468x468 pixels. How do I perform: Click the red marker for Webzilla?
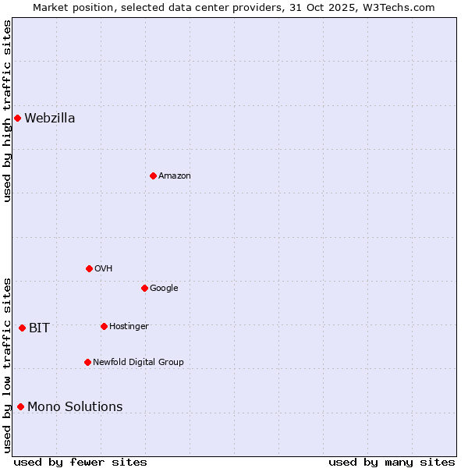pyautogui.click(x=17, y=118)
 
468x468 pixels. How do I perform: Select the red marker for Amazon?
pyautogui.click(x=153, y=175)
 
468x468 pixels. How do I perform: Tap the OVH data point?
pyautogui.click(x=89, y=268)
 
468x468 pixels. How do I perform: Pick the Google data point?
pyautogui.click(x=144, y=288)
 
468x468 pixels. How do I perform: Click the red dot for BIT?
pyautogui.click(x=22, y=328)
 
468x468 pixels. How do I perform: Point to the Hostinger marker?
pyautogui.click(x=104, y=326)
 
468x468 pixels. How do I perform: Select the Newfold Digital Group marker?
pyautogui.click(x=87, y=362)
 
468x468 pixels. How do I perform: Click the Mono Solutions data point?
pyautogui.click(x=20, y=406)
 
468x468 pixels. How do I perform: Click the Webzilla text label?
pyautogui.click(x=50, y=119)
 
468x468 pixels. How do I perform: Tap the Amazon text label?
pyautogui.click(x=175, y=176)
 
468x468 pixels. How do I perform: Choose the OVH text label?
pyautogui.click(x=104, y=269)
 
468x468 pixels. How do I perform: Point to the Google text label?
pyautogui.click(x=164, y=289)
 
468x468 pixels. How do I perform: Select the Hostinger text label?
pyautogui.click(x=129, y=327)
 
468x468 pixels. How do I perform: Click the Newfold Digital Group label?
pyautogui.click(x=138, y=363)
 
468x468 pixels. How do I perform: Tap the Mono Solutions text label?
pyautogui.click(x=75, y=407)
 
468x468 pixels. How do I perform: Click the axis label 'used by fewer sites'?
pyautogui.click(x=80, y=462)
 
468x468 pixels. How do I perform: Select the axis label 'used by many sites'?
pyautogui.click(x=392, y=462)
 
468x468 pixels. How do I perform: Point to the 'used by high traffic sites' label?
pyautogui.click(x=7, y=112)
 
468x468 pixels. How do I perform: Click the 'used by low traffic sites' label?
pyautogui.click(x=7, y=365)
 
